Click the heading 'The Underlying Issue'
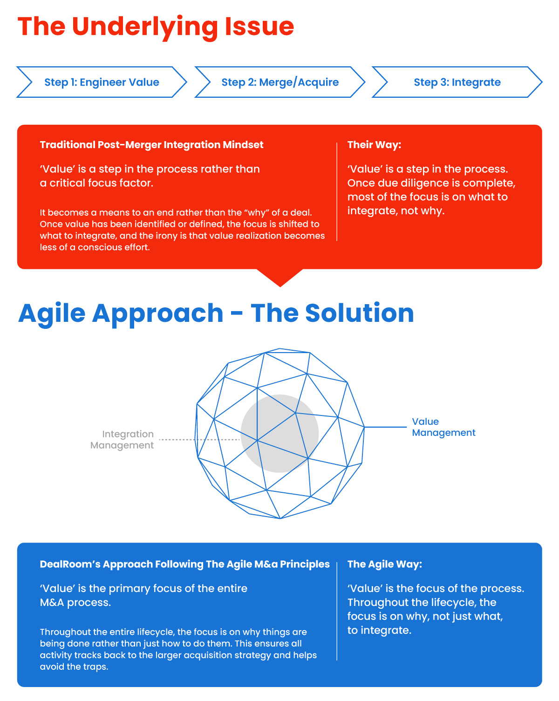(x=156, y=27)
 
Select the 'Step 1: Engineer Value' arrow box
(x=102, y=82)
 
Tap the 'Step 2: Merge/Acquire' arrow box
(x=279, y=82)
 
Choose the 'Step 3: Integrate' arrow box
(x=457, y=82)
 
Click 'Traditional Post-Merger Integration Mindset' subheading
(x=151, y=145)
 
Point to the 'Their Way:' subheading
(x=374, y=145)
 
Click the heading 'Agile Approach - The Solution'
(x=216, y=313)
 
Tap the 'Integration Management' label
(x=123, y=440)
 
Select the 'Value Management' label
(x=443, y=427)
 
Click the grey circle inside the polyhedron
(x=279, y=433)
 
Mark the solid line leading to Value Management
(x=385, y=427)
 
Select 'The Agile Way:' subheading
(x=384, y=564)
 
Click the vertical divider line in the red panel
(x=337, y=192)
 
